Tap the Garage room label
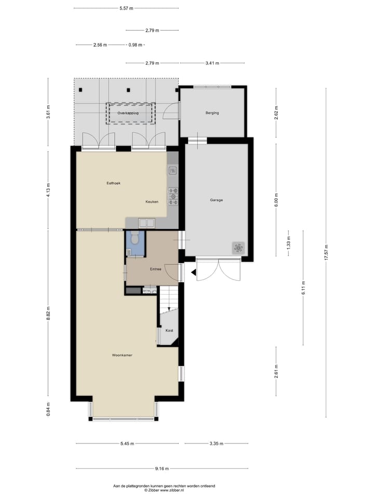point(216,200)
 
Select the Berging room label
point(212,113)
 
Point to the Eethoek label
point(113,183)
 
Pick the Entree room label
point(155,269)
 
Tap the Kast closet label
point(169,330)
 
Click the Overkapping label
point(128,113)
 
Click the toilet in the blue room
point(135,239)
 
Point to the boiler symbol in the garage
point(239,248)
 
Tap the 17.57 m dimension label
point(326,253)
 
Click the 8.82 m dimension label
point(48,314)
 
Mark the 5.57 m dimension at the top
point(126,8)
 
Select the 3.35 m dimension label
point(217,444)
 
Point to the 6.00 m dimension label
point(276,199)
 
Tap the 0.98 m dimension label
point(135,45)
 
